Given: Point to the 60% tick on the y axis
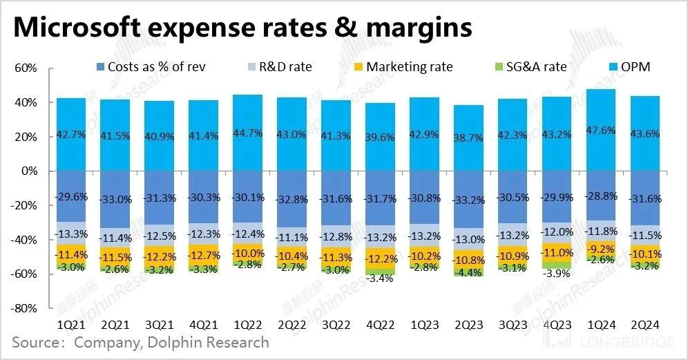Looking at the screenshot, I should [x=24, y=68].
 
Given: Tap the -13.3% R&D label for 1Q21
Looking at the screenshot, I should [x=71, y=233].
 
